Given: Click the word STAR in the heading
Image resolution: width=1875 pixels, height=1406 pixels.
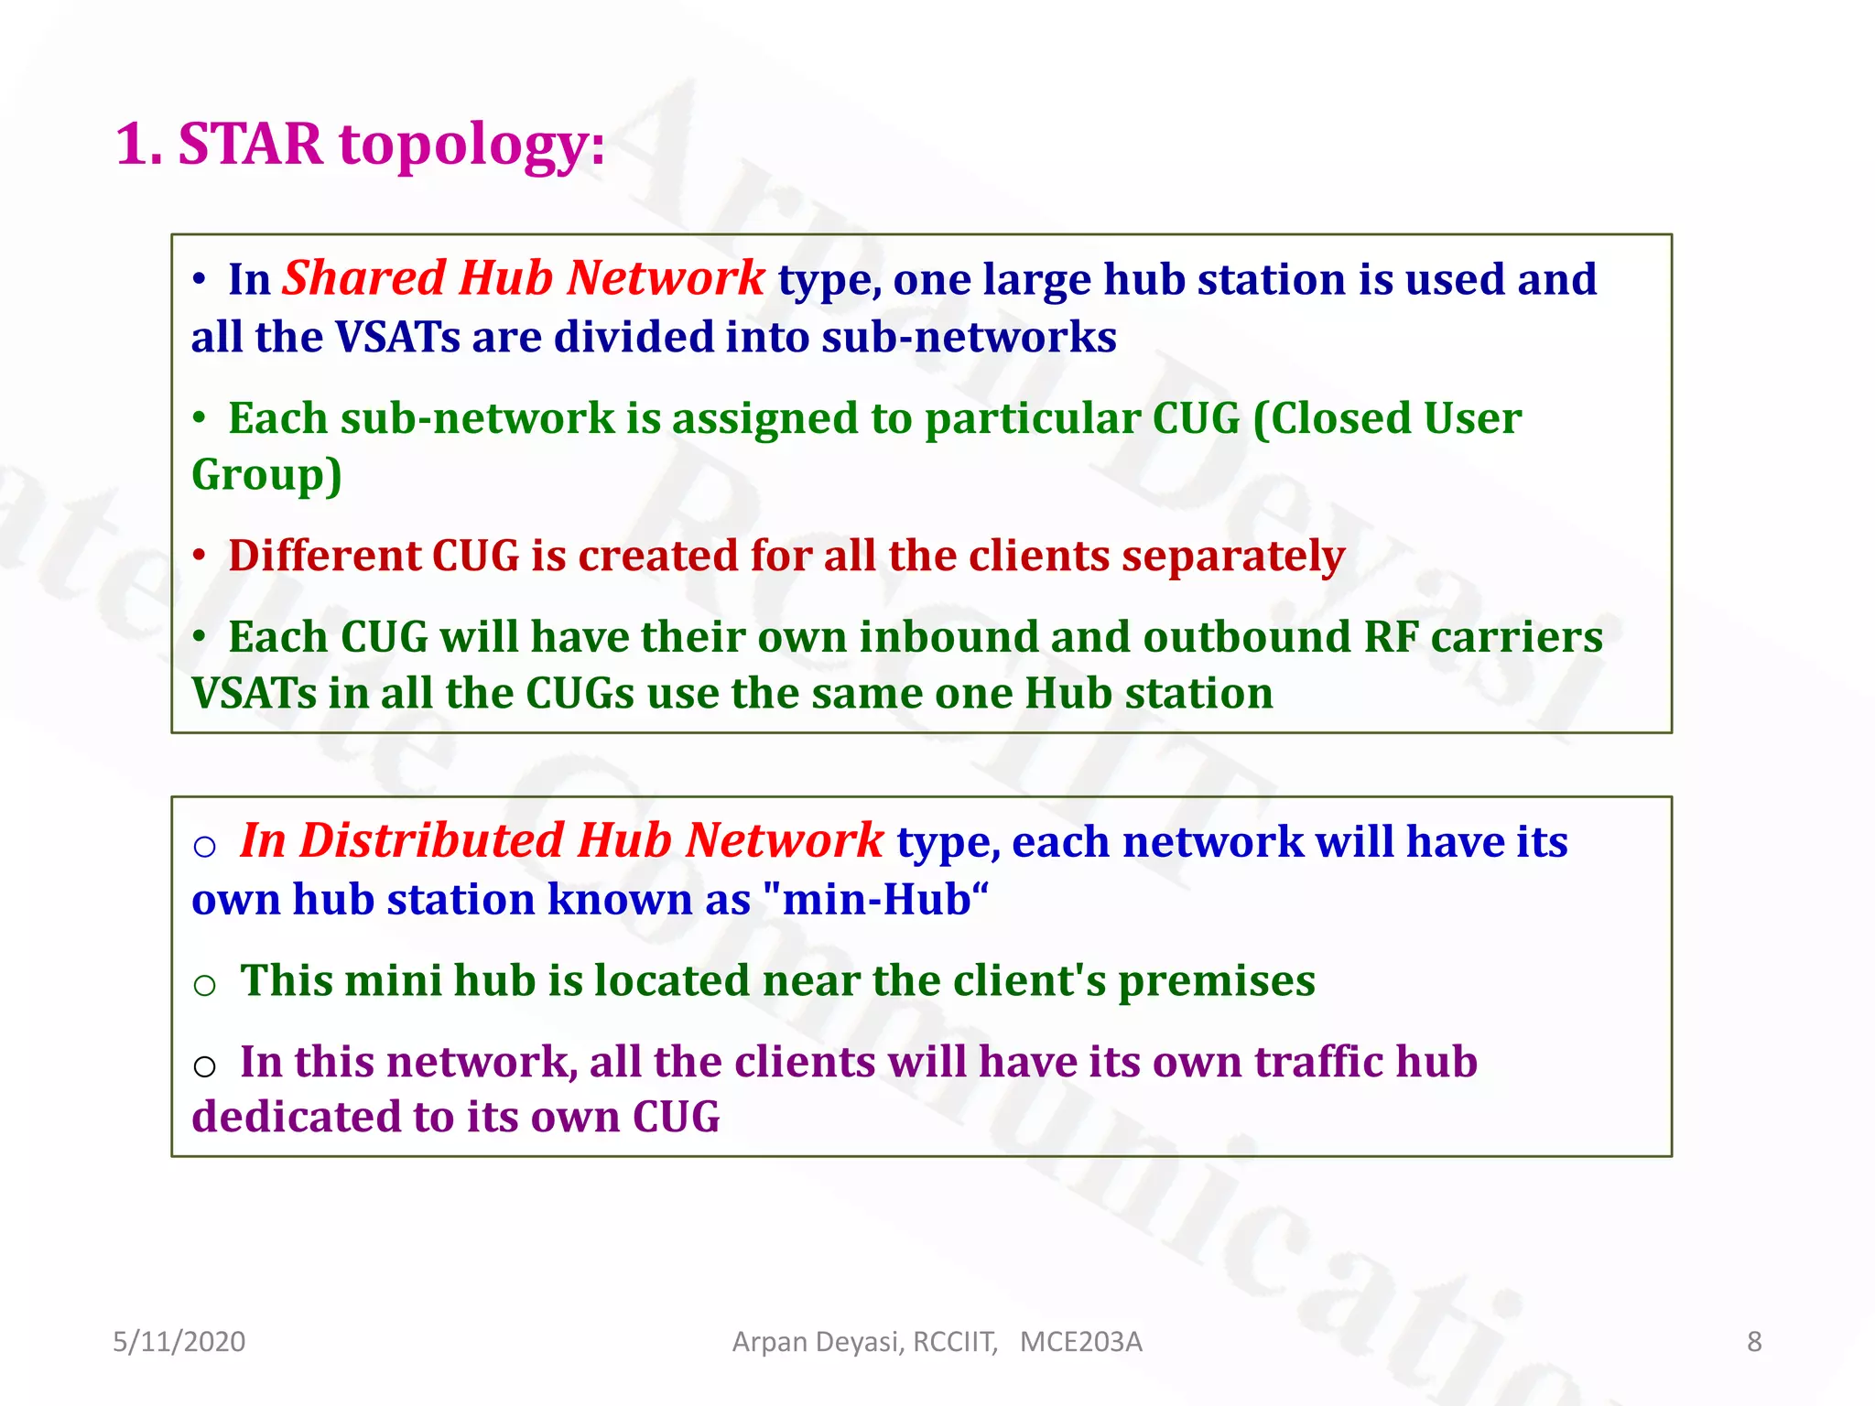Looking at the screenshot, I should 250,144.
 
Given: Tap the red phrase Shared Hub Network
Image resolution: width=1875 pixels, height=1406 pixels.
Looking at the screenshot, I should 523,278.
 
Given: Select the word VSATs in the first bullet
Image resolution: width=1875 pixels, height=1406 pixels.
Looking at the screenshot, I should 397,337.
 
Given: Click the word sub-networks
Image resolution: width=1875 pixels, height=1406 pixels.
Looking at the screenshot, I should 969,337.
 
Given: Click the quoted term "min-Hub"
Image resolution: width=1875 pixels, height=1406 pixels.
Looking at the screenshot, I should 874,899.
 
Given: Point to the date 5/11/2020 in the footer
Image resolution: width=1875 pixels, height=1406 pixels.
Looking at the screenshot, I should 179,1342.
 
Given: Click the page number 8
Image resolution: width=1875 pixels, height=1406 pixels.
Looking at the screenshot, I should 1754,1342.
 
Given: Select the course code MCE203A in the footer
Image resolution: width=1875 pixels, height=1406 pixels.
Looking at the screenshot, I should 1080,1342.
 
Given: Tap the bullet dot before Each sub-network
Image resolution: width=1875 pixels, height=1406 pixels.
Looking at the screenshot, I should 199,419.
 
